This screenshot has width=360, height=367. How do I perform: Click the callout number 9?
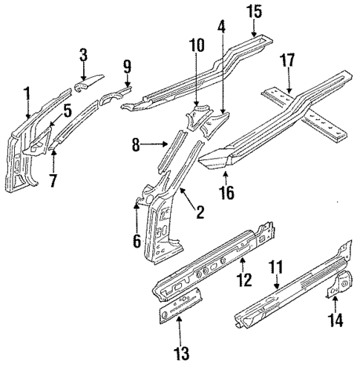click(126, 69)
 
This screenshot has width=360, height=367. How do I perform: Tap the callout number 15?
click(254, 12)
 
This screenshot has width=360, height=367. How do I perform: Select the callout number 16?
click(226, 194)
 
